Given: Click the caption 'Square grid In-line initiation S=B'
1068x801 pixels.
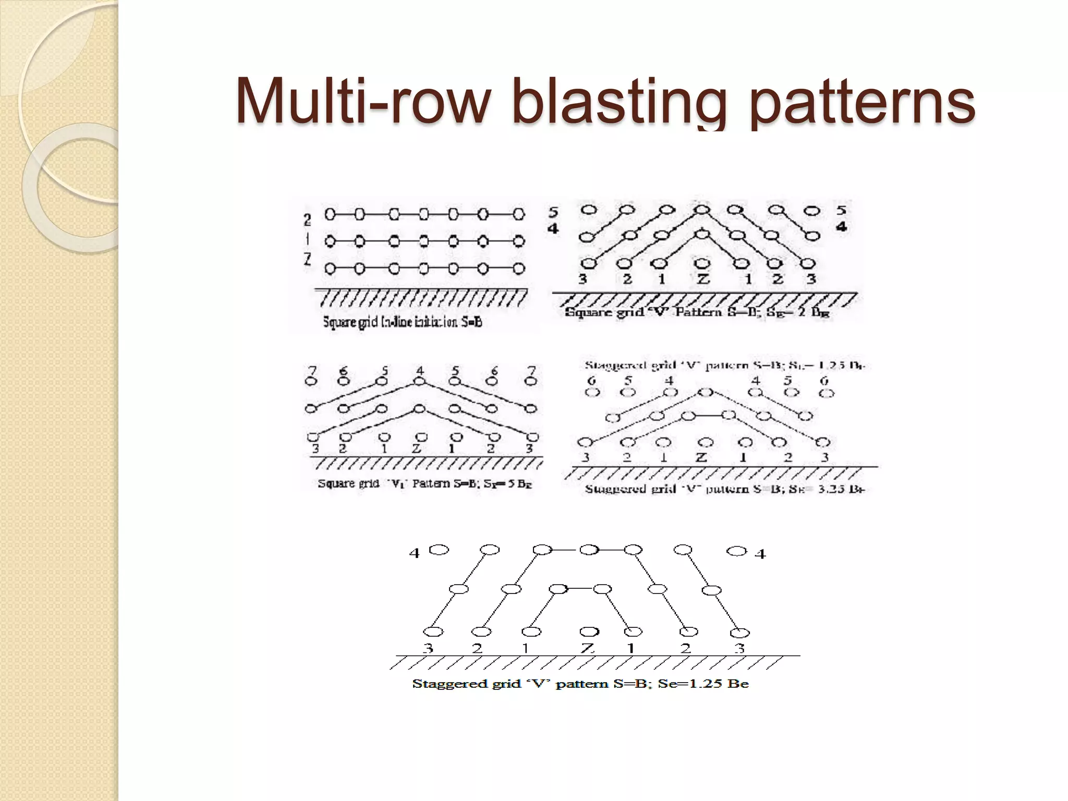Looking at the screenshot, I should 402,322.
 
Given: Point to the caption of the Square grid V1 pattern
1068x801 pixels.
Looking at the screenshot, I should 424,484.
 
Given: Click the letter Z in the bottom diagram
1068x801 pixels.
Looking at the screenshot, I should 588,648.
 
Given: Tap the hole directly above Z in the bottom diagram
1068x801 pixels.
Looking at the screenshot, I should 589,632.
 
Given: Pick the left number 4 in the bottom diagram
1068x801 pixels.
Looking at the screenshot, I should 414,553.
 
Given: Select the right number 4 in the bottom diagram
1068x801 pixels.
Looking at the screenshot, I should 760,554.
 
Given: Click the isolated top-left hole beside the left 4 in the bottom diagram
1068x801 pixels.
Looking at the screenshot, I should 439,550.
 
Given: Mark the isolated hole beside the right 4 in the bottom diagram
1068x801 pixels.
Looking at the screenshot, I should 736,551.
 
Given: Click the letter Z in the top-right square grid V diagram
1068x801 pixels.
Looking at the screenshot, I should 703,280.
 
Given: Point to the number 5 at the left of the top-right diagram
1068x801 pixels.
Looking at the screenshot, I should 553,212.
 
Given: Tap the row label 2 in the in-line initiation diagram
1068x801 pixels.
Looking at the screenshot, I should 308,220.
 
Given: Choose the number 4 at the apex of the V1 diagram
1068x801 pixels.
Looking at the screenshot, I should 420,371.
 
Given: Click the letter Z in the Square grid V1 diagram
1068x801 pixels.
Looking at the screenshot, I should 416,448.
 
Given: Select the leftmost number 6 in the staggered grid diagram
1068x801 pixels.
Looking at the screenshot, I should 591,381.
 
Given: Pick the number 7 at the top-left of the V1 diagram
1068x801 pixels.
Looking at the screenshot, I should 312,371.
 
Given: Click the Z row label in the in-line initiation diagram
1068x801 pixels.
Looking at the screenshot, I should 308,259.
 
